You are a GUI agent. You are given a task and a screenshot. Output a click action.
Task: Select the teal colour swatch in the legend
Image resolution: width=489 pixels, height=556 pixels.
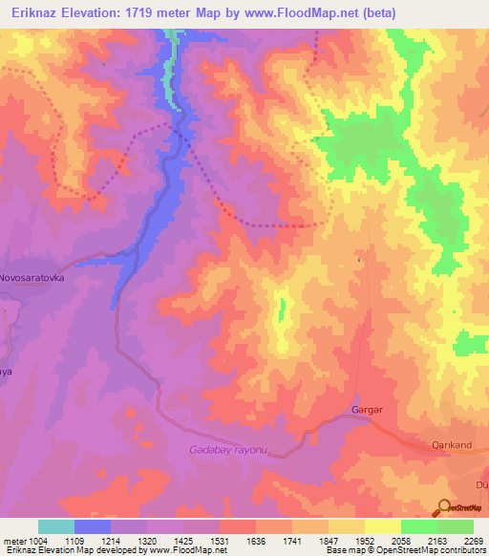56,526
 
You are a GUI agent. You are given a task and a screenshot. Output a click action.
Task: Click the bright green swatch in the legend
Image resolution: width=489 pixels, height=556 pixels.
419,526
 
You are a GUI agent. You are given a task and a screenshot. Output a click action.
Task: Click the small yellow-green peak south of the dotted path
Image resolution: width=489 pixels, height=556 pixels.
282,309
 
